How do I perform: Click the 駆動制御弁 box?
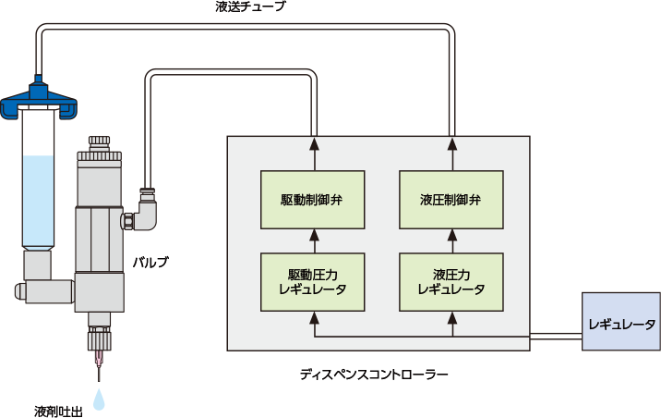point(314,199)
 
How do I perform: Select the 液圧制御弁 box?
point(451,199)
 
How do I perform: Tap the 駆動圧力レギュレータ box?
point(314,281)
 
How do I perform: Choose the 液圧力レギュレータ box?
point(451,281)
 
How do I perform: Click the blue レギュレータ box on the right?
point(621,324)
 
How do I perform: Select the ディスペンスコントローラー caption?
point(374,375)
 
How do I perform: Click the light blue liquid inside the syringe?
point(38,199)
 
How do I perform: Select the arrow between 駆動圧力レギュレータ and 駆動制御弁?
point(314,242)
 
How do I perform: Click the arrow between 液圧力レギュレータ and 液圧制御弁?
point(451,242)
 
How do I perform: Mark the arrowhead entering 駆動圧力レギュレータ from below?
point(314,318)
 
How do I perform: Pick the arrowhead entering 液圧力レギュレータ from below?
point(451,318)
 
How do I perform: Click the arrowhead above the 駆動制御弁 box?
point(314,144)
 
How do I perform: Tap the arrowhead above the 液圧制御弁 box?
point(451,144)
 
